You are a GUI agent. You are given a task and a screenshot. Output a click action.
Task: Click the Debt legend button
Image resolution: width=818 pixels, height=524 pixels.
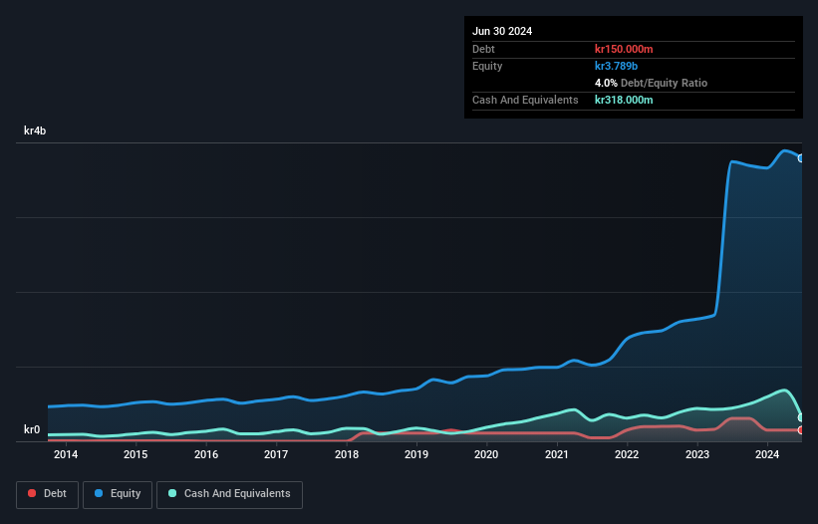click(x=47, y=494)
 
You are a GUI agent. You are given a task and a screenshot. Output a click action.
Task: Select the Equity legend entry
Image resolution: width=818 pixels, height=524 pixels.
click(x=118, y=494)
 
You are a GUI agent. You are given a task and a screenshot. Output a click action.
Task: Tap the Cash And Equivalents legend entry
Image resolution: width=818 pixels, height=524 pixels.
click(x=229, y=494)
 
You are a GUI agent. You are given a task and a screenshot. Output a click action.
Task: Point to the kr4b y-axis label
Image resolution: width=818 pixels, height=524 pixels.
click(x=35, y=131)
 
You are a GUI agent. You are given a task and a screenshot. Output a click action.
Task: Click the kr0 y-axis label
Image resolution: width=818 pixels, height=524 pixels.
click(x=32, y=430)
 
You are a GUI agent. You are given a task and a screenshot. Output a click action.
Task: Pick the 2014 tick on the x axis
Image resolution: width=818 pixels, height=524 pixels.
click(x=66, y=455)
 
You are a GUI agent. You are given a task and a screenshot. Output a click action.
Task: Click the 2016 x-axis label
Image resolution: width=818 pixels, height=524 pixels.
click(x=206, y=455)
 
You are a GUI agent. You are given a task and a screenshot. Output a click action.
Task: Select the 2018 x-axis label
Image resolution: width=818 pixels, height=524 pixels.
click(x=347, y=455)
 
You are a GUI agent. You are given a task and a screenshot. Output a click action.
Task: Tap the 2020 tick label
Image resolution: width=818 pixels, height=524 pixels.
click(x=486, y=455)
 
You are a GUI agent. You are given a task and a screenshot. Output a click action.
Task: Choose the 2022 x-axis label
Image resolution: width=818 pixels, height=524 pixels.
click(x=627, y=455)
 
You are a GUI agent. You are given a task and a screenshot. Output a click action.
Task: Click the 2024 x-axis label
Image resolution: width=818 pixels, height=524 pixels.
click(x=767, y=455)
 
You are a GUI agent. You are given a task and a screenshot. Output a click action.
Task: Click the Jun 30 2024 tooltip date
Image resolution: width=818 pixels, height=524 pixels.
click(x=502, y=31)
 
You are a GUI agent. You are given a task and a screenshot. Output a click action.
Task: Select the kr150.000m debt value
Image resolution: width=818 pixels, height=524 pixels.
click(x=624, y=49)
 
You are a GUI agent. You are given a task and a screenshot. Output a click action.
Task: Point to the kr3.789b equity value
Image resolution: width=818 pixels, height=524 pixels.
click(x=616, y=66)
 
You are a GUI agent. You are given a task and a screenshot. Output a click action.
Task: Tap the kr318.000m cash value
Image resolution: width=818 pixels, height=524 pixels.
click(x=624, y=100)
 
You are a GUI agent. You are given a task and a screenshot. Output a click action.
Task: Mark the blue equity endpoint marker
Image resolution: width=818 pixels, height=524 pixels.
click(x=801, y=158)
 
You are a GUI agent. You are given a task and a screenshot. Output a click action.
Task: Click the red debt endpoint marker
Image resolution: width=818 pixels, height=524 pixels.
click(x=801, y=430)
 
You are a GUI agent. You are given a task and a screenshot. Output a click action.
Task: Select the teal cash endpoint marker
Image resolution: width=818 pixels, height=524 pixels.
click(x=801, y=417)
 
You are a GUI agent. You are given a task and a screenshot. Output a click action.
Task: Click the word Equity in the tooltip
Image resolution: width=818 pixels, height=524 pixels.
click(x=487, y=66)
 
